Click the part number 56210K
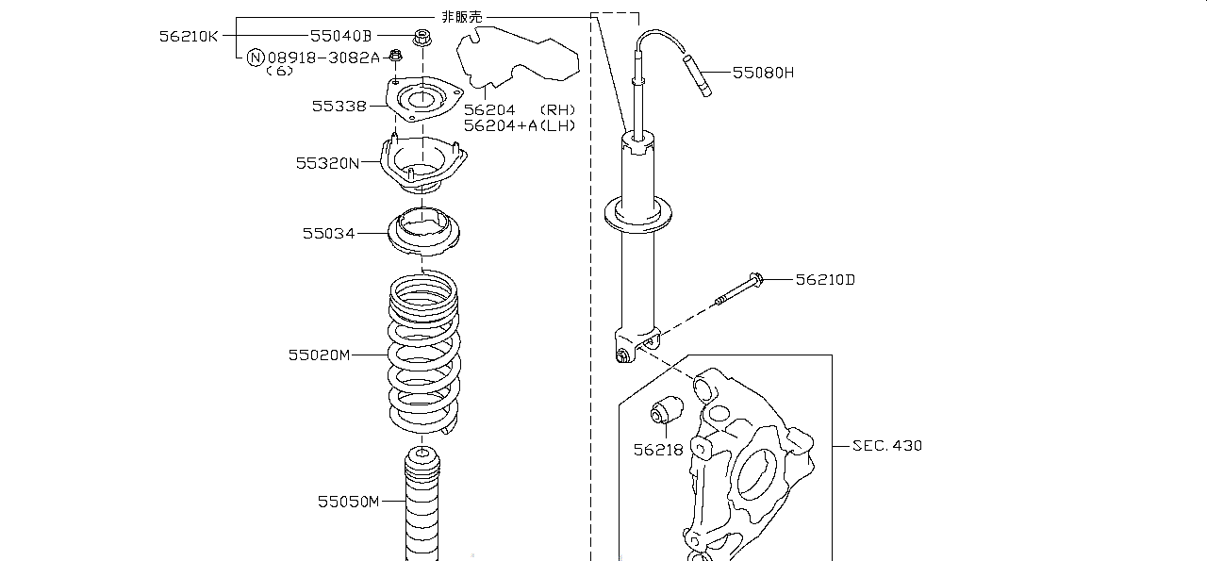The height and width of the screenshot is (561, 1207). pyautogui.click(x=189, y=36)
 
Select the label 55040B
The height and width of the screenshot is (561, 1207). pyautogui.click(x=341, y=36)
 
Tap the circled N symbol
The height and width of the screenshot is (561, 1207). pyautogui.click(x=256, y=58)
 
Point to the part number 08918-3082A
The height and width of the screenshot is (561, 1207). pyautogui.click(x=323, y=58)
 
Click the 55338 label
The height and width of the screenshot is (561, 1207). pyautogui.click(x=339, y=107)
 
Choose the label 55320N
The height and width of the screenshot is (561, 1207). pyautogui.click(x=327, y=163)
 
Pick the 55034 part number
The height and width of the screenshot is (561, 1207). pyautogui.click(x=329, y=233)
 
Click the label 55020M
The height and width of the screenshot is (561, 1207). pyautogui.click(x=319, y=355)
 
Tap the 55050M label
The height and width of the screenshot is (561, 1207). pyautogui.click(x=349, y=502)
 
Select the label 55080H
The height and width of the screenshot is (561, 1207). pyautogui.click(x=764, y=73)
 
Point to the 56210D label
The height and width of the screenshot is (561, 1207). pyautogui.click(x=825, y=280)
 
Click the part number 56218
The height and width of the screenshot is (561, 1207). pyautogui.click(x=658, y=450)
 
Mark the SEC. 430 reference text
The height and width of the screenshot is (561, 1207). pyautogui.click(x=887, y=446)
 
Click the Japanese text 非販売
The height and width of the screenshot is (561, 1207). pyautogui.click(x=462, y=17)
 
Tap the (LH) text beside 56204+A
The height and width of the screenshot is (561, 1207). pyautogui.click(x=557, y=125)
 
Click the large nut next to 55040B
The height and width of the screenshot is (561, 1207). pyautogui.click(x=422, y=38)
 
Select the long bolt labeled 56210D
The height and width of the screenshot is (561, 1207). pyautogui.click(x=738, y=289)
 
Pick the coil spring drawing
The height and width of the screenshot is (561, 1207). pyautogui.click(x=423, y=352)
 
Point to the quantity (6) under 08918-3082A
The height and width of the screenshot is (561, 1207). pyautogui.click(x=280, y=71)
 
